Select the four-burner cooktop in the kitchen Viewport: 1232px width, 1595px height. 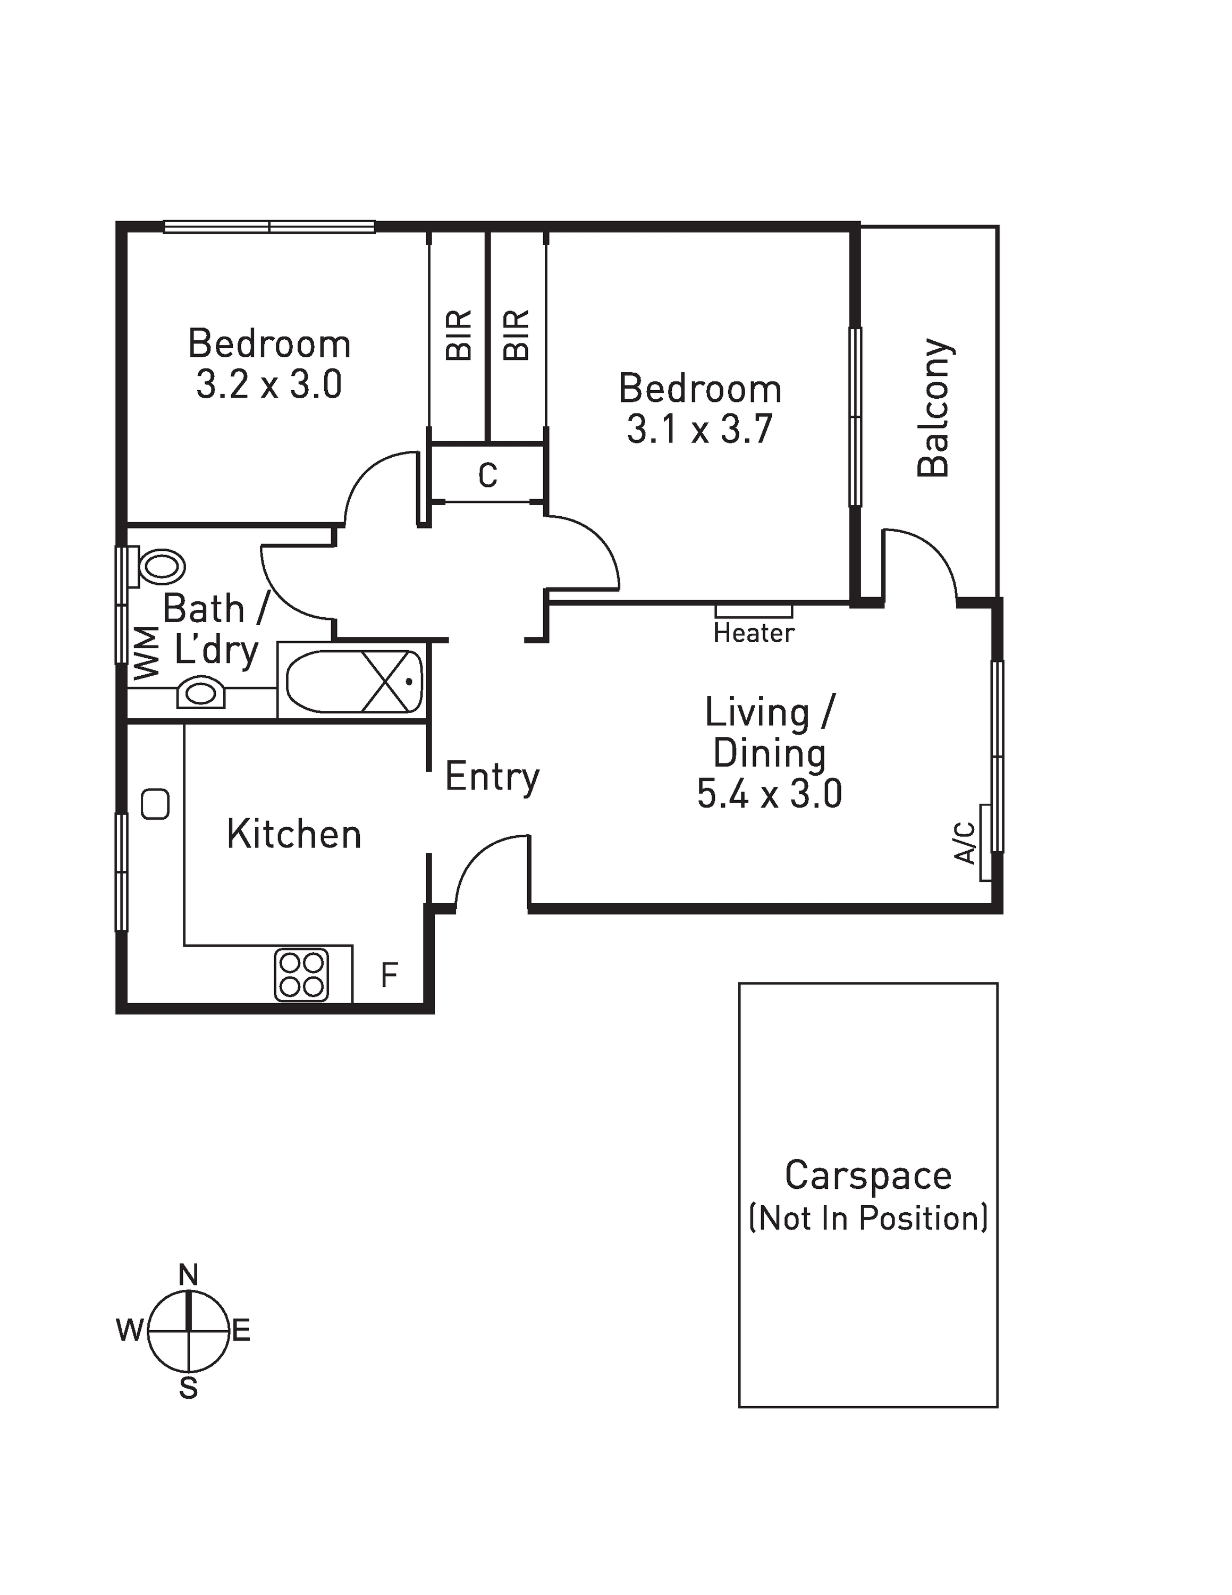click(301, 974)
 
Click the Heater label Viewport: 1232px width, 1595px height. click(753, 633)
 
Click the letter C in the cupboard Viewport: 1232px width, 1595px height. click(487, 475)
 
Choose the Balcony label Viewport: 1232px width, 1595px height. click(934, 407)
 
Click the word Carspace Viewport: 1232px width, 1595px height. click(868, 1175)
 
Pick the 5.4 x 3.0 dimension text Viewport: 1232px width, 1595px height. click(769, 793)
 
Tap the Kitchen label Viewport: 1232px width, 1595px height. click(294, 834)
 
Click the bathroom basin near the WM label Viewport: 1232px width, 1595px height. click(201, 692)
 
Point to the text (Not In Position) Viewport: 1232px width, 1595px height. click(868, 1218)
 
